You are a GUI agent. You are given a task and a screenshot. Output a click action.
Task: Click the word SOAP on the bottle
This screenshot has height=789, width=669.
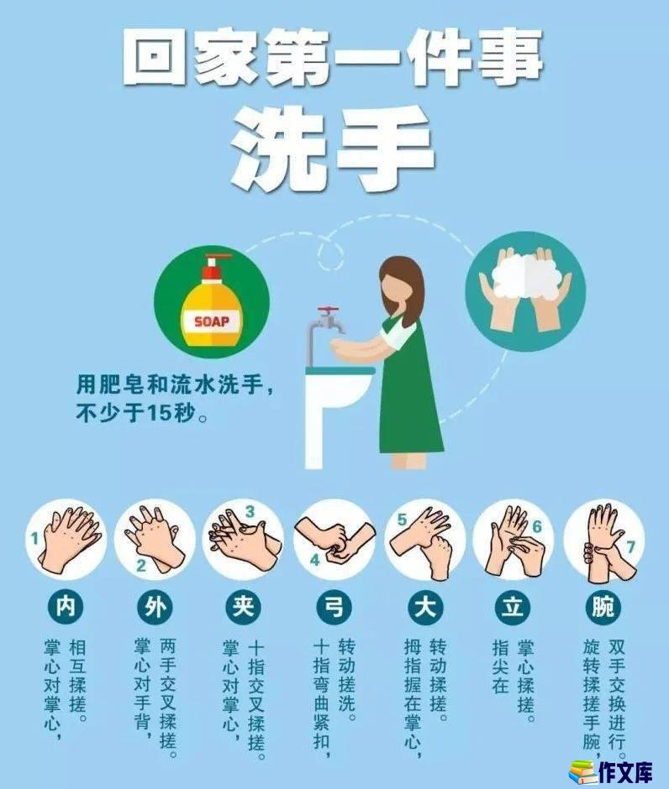click(x=212, y=321)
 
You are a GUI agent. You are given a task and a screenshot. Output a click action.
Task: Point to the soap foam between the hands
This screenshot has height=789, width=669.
click(x=525, y=275)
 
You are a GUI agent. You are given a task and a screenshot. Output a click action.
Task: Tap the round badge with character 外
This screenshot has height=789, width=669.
click(x=155, y=606)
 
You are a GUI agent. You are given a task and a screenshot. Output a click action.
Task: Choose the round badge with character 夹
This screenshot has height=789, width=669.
click(x=245, y=606)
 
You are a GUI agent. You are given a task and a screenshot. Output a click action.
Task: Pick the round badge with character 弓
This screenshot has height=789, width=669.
click(x=334, y=606)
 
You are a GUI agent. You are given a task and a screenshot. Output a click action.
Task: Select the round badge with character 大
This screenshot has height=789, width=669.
click(x=424, y=606)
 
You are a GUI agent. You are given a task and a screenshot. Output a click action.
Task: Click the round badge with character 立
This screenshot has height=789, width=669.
click(x=513, y=606)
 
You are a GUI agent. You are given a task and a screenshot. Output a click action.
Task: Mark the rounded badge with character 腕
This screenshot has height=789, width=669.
click(x=603, y=606)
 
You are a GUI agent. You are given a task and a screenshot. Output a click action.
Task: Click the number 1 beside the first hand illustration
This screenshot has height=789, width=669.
click(x=34, y=540)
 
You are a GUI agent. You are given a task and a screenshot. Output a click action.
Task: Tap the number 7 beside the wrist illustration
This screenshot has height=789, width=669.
click(x=630, y=547)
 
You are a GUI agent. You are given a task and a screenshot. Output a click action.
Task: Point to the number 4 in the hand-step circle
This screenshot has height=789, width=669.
click(x=315, y=560)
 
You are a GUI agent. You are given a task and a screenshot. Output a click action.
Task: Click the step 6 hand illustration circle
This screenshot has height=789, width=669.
click(x=513, y=541)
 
